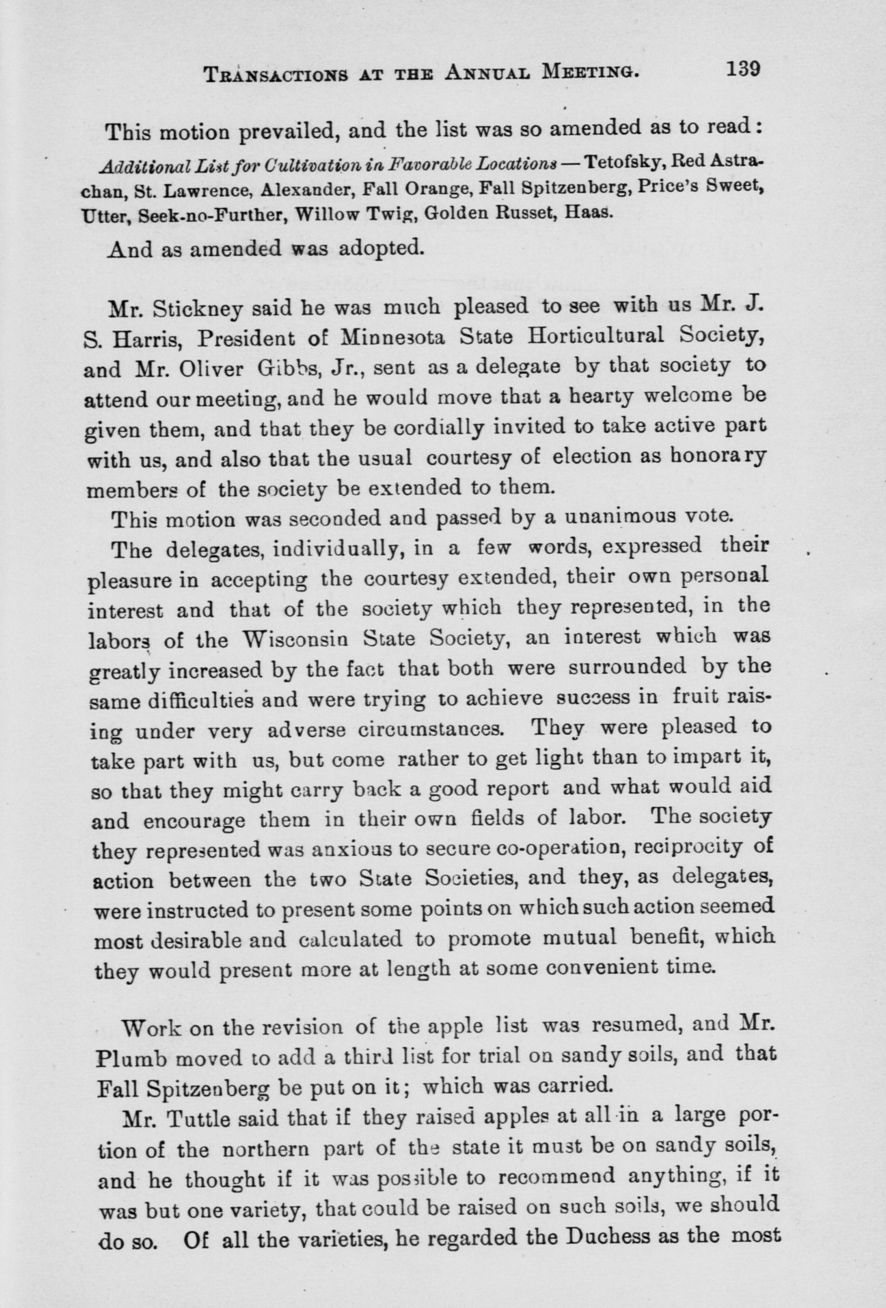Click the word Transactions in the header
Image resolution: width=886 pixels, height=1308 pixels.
point(271,74)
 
